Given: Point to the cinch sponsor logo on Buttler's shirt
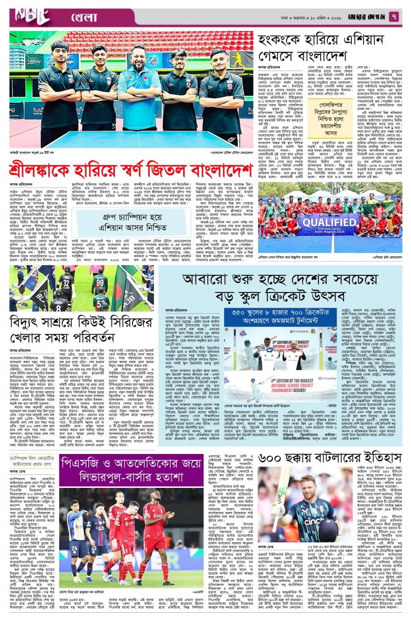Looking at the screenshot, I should [310, 521].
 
